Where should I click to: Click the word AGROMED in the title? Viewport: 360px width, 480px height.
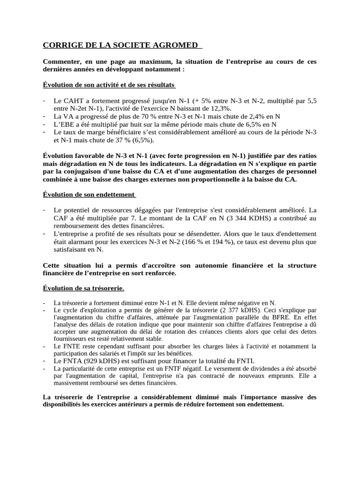(x=177, y=45)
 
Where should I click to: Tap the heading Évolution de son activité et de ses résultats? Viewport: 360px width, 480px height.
(x=109, y=85)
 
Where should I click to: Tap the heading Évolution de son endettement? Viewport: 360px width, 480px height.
(x=89, y=195)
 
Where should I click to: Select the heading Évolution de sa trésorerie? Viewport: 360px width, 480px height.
(x=83, y=288)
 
